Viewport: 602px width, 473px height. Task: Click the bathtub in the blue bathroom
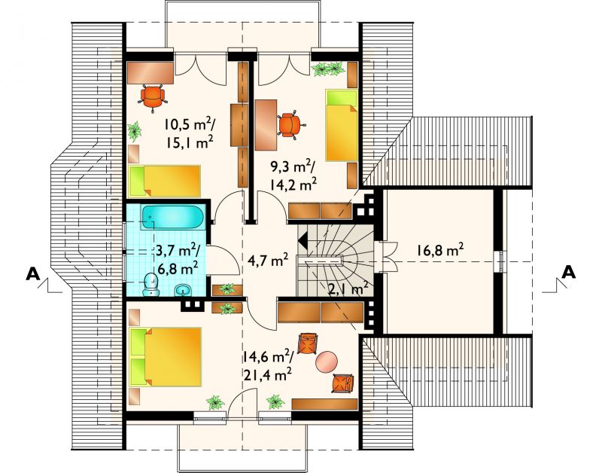[x=173, y=218]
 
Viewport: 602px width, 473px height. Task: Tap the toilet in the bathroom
[x=150, y=285]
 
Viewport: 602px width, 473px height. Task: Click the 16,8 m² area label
[x=439, y=250]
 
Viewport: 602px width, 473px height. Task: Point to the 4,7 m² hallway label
[x=268, y=261]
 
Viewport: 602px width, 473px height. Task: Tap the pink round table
[x=327, y=362]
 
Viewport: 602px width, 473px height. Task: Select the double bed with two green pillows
[x=166, y=356]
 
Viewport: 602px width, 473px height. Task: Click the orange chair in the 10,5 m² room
[x=153, y=97]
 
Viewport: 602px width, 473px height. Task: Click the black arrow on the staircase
[x=303, y=241]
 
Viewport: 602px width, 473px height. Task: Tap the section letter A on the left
[x=33, y=273]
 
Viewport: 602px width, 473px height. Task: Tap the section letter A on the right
[x=569, y=272]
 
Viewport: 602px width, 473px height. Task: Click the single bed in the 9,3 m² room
[x=342, y=125]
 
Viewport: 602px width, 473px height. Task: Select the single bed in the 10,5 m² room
[x=165, y=182]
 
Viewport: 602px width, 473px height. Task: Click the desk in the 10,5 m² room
[x=150, y=72]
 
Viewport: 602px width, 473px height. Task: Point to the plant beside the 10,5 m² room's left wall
[x=135, y=130]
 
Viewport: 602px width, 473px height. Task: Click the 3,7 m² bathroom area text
[x=177, y=251]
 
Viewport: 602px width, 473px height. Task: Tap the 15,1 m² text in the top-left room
[x=190, y=142]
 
